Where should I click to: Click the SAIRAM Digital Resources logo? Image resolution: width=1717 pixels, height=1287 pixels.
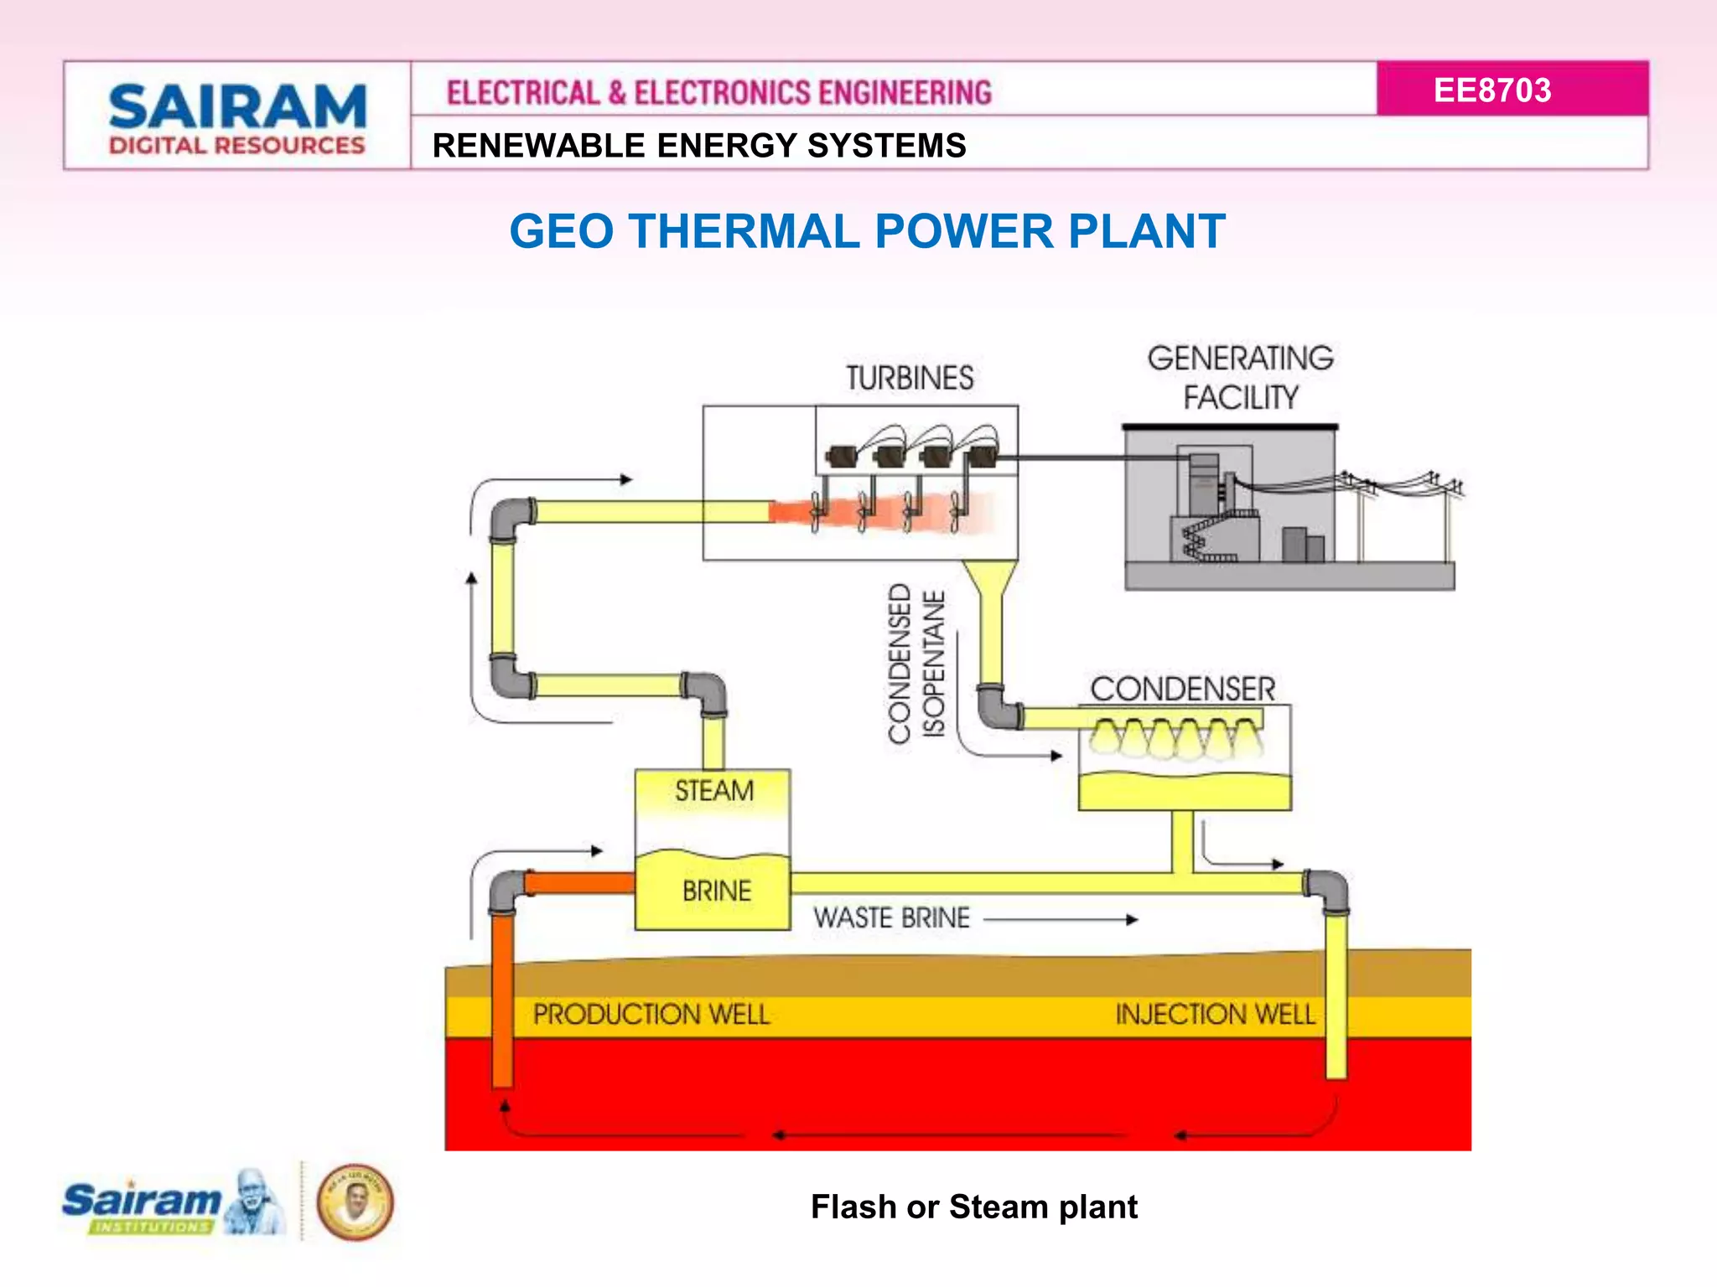pos(237,118)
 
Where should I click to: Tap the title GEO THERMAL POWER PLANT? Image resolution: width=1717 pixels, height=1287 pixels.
pos(867,231)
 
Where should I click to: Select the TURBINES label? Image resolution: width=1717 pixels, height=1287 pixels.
pos(910,378)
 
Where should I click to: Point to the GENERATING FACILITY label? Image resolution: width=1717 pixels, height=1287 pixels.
pos(1240,377)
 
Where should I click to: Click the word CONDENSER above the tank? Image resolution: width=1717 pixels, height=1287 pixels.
pos(1182,689)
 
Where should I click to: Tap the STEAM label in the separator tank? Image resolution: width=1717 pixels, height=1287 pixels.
pos(714,790)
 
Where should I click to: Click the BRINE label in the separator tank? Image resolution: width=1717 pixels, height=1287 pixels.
pos(716,891)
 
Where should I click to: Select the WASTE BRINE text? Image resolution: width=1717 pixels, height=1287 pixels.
pos(891,917)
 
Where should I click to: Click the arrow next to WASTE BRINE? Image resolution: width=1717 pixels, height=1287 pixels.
pos(1061,919)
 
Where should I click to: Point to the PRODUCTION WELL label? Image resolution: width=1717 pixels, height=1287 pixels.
pos(651,1014)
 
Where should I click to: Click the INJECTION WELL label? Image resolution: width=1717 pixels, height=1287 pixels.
pos(1215,1014)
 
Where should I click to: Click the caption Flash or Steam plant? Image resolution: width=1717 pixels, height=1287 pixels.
pos(973,1207)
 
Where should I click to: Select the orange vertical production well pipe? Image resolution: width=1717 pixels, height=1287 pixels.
pos(502,997)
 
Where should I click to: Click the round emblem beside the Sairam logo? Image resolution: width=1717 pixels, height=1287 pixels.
pos(355,1202)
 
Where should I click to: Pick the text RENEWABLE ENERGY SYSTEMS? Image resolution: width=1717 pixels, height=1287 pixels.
pos(699,145)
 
